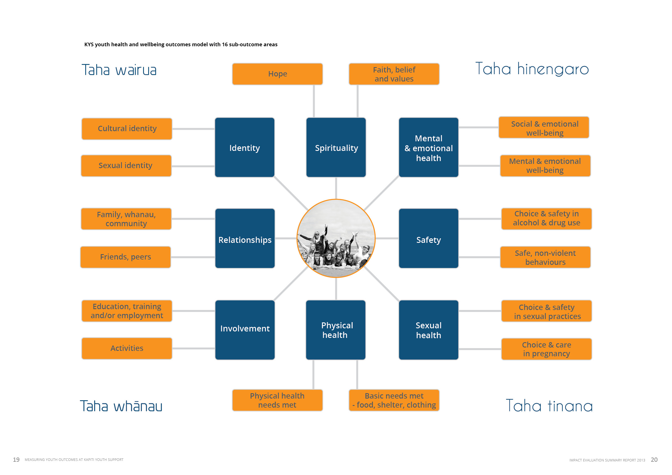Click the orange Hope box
point(277,74)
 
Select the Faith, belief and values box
point(394,74)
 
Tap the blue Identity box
point(244,148)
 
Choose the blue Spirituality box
point(336,148)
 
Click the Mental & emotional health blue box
point(428,148)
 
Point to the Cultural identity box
point(127,129)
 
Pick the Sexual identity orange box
point(126,166)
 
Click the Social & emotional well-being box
point(544,127)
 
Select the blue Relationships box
point(245,238)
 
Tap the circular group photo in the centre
point(336,238)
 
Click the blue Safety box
point(428,238)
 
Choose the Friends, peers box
point(126,257)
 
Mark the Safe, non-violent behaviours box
point(545,257)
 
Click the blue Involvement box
point(245,330)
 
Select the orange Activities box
point(127,348)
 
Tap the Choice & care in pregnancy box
point(546,349)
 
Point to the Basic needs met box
point(394,400)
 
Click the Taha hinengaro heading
point(532,69)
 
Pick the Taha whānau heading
point(121,406)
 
